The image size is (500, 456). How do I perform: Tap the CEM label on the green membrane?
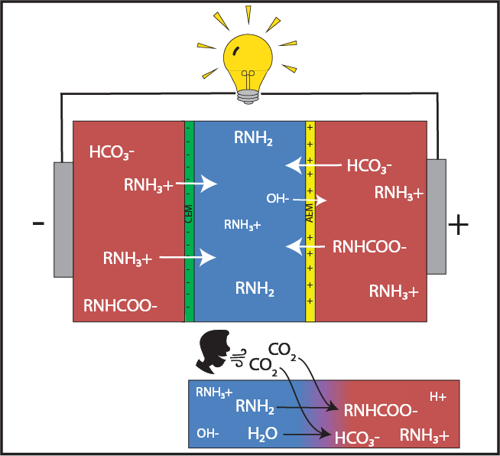189,213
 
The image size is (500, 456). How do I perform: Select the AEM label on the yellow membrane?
310,213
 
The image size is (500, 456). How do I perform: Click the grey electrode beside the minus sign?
63,220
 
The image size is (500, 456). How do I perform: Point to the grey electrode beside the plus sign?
437,217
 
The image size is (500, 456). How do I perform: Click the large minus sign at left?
38,223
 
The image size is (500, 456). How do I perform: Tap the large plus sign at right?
458,224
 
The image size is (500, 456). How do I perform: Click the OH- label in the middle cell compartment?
278,198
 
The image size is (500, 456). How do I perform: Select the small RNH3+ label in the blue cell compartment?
242,225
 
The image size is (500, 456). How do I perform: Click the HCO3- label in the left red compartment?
112,152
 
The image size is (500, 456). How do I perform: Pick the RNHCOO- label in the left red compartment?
120,306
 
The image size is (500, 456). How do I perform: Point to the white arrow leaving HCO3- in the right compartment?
313,165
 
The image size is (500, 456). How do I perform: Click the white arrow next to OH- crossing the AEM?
310,200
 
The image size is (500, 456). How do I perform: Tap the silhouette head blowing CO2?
213,351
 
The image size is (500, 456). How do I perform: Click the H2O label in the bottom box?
262,434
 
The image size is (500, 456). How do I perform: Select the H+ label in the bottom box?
438,397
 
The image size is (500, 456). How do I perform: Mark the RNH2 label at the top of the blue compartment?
253,138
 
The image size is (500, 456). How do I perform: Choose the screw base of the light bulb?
248,96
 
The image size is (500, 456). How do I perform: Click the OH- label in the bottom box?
208,433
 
